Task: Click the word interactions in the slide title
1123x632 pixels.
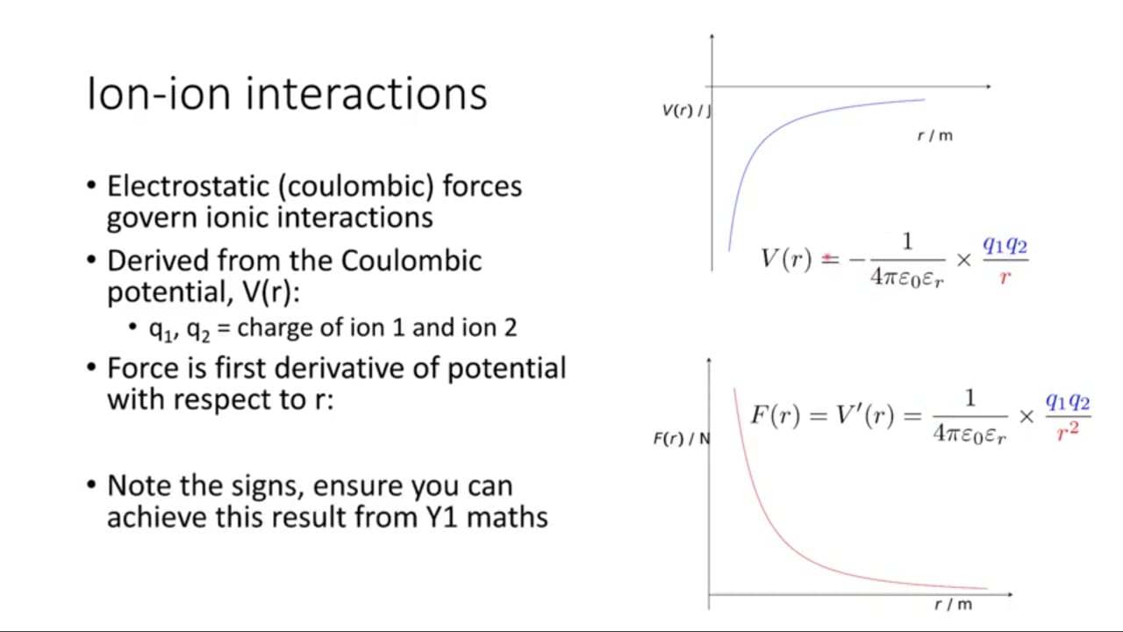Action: [367, 94]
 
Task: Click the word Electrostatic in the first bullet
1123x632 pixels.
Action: [189, 186]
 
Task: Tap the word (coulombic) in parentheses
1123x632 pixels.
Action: [356, 187]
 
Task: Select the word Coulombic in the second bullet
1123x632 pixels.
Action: [411, 261]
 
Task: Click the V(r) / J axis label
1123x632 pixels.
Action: [686, 111]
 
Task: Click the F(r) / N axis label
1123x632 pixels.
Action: [682, 439]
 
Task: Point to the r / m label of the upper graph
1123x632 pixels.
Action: [935, 135]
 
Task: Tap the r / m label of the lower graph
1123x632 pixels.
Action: [954, 604]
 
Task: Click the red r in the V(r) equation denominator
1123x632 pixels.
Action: [1005, 276]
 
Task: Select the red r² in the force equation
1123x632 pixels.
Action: [1068, 431]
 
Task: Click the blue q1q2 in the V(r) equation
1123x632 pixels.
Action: [1005, 246]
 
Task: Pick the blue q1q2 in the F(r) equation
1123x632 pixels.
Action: [1068, 402]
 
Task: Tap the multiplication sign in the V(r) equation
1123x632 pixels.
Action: [963, 260]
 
